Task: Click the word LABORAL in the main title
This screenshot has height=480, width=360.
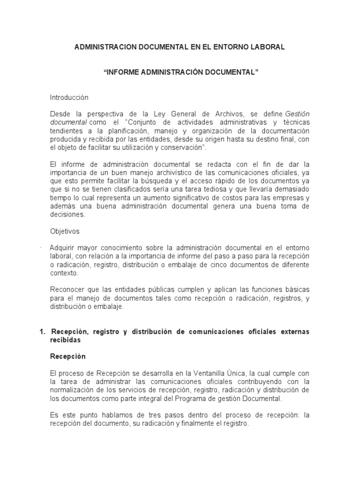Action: click(267, 47)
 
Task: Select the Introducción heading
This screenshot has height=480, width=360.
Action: click(69, 97)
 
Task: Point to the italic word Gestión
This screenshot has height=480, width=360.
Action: click(298, 114)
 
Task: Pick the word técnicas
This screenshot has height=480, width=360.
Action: click(297, 122)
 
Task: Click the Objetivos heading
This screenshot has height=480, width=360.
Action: click(65, 231)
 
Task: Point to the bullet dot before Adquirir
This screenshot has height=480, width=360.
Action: click(41, 247)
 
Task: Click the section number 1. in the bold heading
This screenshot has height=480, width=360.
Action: click(42, 331)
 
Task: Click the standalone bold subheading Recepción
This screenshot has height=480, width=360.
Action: click(67, 356)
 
